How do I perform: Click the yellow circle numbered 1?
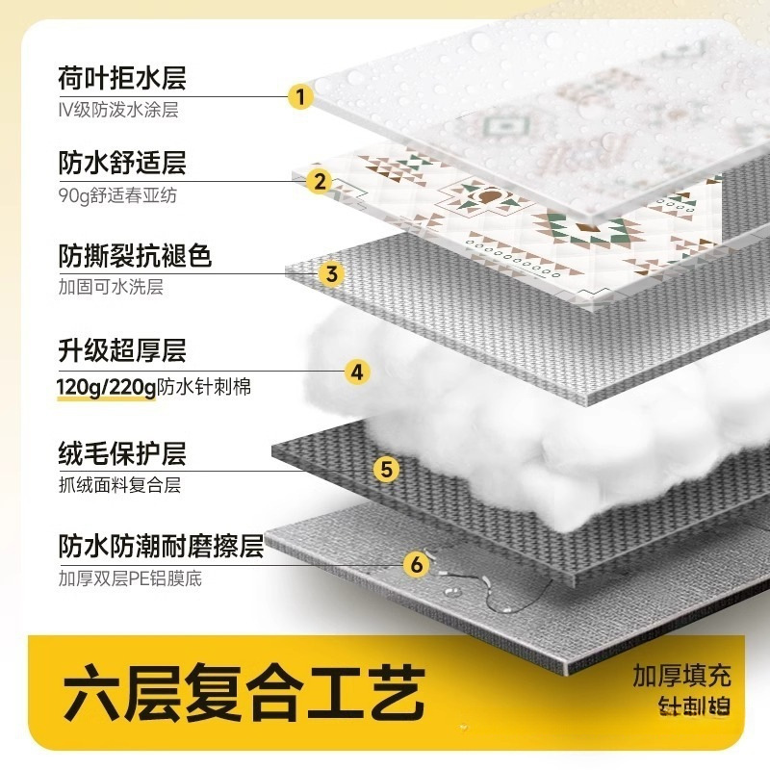pos(300,96)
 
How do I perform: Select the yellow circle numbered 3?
pos(331,273)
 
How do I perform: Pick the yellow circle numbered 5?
pos(385,469)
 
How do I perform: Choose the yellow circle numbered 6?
pos(416,564)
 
